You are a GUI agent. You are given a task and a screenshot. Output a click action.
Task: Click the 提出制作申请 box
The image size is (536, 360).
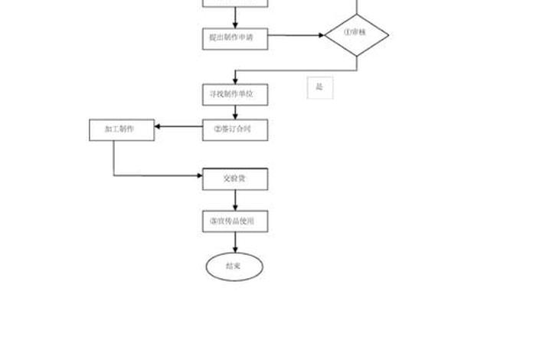[235, 36]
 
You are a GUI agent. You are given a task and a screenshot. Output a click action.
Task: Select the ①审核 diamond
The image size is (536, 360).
[356, 34]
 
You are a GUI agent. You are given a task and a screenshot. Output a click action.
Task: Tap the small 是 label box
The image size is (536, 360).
[319, 87]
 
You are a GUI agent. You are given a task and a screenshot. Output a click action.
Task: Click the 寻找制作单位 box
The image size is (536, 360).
[235, 93]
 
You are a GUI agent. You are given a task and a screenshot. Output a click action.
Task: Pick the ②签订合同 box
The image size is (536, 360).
[235, 129]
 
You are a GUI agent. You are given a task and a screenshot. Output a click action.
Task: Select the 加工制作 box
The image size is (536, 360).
[122, 129]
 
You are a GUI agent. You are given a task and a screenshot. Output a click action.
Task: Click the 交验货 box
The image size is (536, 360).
[235, 179]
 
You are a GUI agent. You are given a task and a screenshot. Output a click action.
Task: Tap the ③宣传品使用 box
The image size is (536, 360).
[235, 221]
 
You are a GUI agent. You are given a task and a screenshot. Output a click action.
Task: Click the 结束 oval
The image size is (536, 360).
[234, 266]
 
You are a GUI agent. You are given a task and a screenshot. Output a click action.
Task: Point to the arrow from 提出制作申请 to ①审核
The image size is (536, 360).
[296, 35]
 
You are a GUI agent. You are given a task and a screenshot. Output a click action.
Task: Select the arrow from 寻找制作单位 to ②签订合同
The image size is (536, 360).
[235, 111]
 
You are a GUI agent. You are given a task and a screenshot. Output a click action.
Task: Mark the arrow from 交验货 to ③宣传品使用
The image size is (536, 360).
[235, 200]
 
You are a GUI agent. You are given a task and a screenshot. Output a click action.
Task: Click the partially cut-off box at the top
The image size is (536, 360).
[235, 3]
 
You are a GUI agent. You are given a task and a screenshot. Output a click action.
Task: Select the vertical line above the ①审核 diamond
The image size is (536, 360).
[357, 6]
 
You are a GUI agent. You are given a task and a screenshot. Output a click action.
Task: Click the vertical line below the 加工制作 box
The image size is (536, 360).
[114, 157]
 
